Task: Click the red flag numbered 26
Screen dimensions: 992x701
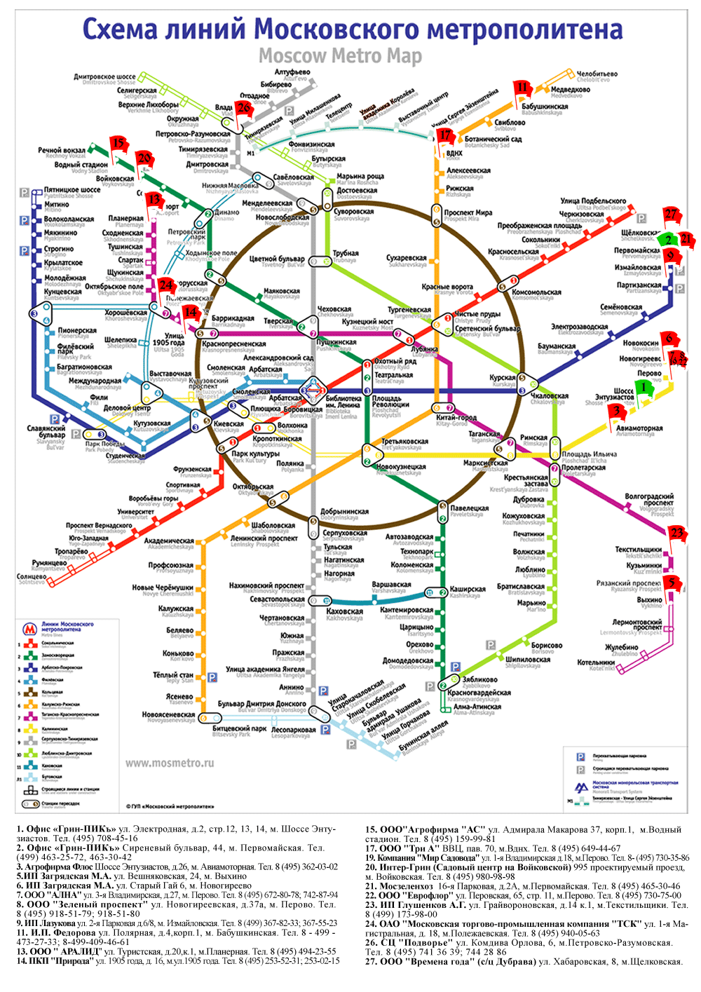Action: (243, 107)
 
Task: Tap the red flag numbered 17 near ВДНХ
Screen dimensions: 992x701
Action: (445, 135)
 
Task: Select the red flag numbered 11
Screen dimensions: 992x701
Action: (522, 88)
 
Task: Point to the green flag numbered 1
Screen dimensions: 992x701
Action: (644, 388)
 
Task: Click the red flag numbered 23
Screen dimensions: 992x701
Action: (676, 533)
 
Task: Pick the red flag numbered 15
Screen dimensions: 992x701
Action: (118, 144)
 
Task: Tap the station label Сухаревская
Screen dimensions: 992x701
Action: (406, 258)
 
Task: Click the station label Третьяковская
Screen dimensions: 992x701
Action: (404, 442)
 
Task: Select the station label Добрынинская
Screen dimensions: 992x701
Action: (344, 512)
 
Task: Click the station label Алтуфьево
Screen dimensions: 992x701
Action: (292, 72)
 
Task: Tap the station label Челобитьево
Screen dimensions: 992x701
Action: (597, 74)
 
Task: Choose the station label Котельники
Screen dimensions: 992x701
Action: (596, 662)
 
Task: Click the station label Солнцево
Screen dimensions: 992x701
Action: (31, 576)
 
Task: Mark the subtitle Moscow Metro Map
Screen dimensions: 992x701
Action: (340, 55)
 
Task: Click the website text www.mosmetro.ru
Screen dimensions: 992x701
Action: (169, 763)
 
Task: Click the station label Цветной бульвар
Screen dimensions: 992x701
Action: (277, 259)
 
